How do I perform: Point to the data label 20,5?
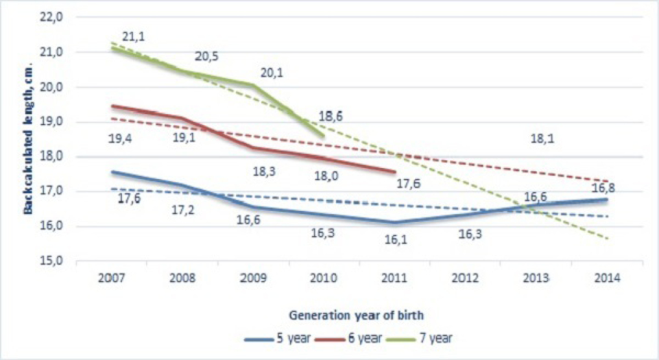coord(206,56)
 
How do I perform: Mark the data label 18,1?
coord(544,138)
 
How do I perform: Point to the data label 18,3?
coord(263,171)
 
